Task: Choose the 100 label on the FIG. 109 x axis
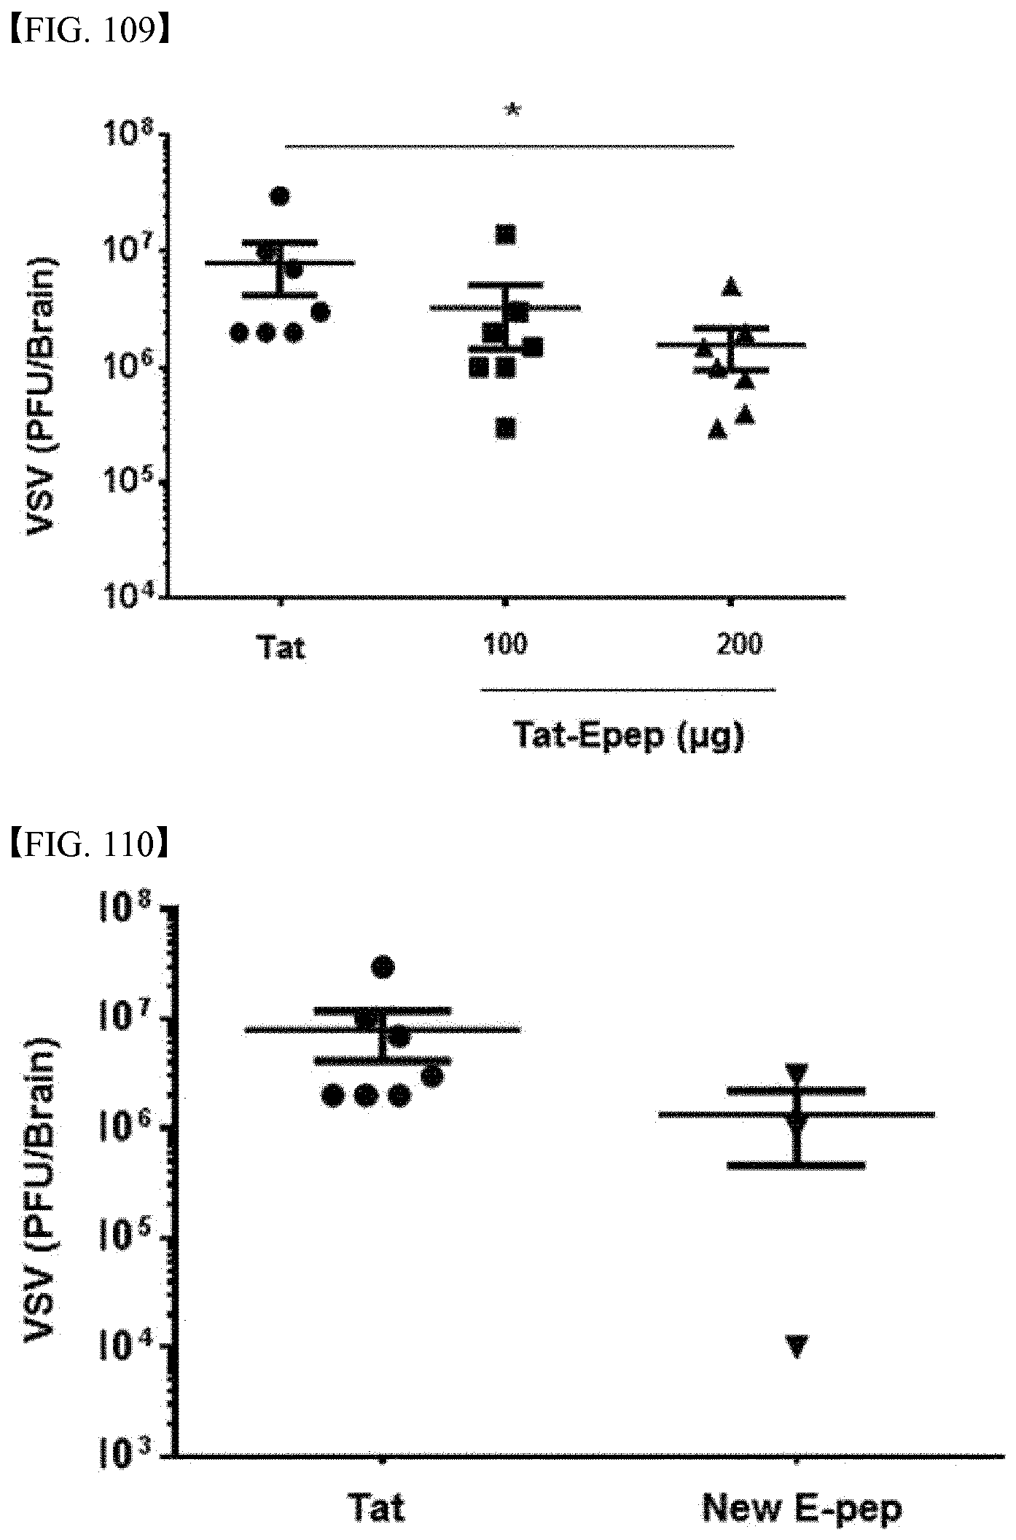506,645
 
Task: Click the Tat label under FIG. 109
281,647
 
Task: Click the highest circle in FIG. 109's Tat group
281,196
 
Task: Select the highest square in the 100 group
506,235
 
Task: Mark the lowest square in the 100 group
506,429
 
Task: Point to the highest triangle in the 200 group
731,287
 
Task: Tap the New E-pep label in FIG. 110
802,1507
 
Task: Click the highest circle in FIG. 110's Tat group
383,967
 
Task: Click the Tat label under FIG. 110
378,1507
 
